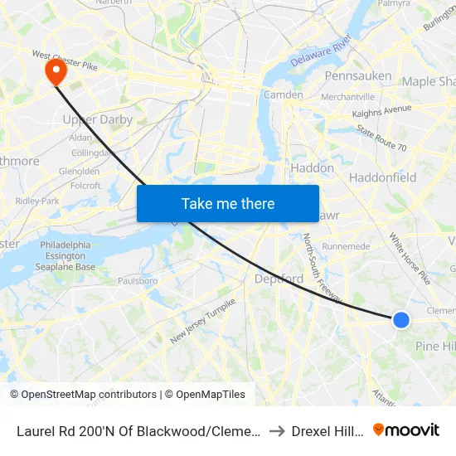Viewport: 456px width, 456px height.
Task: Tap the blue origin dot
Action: [x=400, y=319]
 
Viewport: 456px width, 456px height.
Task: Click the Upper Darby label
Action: [x=98, y=119]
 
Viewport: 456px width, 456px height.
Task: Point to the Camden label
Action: [x=284, y=95]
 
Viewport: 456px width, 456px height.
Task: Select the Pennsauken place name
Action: [x=358, y=76]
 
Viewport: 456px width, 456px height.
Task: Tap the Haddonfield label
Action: [x=382, y=177]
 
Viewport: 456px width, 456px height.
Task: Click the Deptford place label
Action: [x=279, y=279]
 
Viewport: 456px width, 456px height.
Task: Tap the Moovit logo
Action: [x=406, y=429]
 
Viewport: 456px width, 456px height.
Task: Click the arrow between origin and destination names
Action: [x=277, y=430]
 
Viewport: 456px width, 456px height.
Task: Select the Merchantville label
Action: [x=347, y=97]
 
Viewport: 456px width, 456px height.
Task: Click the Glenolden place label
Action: [x=80, y=172]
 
